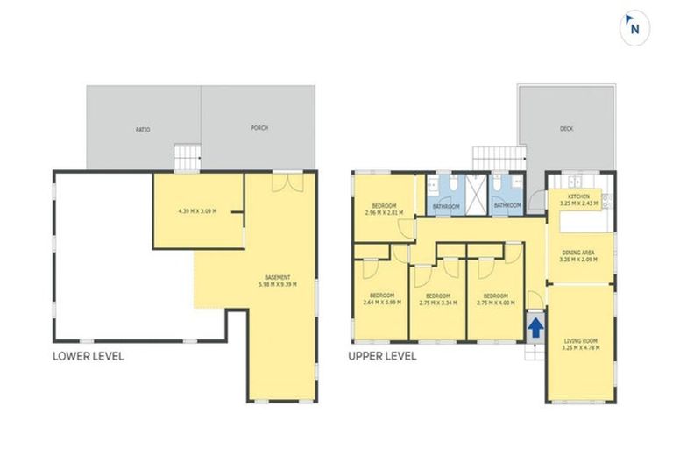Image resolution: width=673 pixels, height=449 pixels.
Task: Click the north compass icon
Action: tap(634, 28)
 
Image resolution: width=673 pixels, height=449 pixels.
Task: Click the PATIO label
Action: tap(143, 129)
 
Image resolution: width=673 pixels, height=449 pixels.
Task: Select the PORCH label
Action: tap(259, 128)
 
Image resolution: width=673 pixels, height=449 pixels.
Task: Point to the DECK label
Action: tap(567, 129)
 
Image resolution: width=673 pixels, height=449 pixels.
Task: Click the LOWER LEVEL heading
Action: tap(89, 357)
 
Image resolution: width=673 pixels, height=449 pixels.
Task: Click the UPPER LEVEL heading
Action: tap(382, 357)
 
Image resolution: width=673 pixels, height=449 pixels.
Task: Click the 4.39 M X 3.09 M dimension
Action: tap(196, 211)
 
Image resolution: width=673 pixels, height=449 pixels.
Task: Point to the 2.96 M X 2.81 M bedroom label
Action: tap(382, 209)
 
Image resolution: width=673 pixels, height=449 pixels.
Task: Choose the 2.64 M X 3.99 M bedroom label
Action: tap(382, 298)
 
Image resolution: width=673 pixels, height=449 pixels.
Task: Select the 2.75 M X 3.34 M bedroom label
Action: tap(437, 298)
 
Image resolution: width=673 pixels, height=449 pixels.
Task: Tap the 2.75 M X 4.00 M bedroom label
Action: tap(495, 298)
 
